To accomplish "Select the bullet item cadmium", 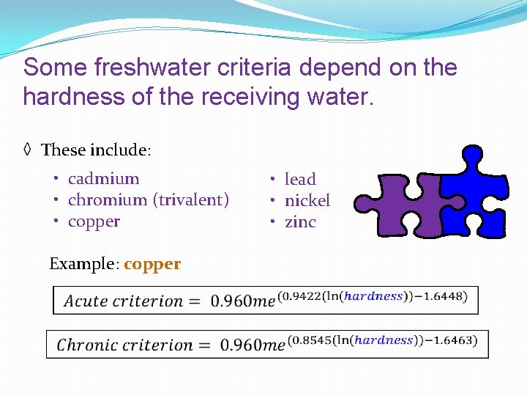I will (x=103, y=178).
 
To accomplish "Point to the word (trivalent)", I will (x=191, y=199).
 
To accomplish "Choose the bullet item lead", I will (x=300, y=179).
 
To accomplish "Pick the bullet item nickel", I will (x=307, y=200).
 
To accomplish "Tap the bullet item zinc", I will (x=300, y=221).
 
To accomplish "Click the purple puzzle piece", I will (x=406, y=205).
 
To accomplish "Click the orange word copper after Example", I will (x=152, y=264).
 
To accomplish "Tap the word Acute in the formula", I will (x=86, y=301).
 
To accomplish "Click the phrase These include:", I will (x=96, y=150).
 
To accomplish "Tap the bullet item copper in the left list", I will (x=94, y=221).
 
